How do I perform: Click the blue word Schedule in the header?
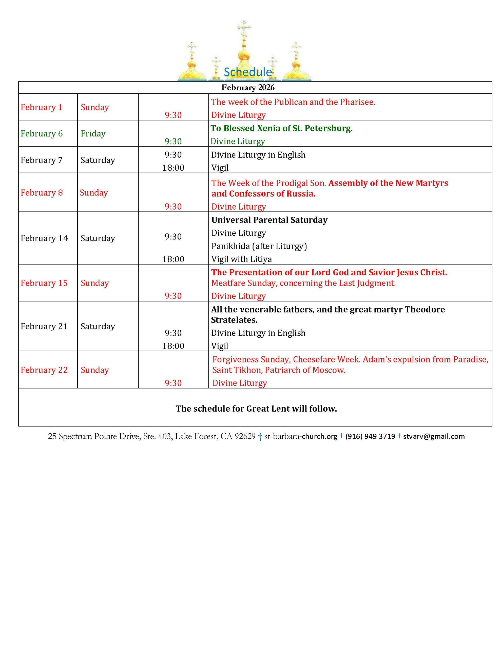tap(247, 72)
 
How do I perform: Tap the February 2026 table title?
tap(248, 88)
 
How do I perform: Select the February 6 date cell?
tap(42, 133)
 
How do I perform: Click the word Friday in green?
tap(93, 133)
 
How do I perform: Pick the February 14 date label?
tap(44, 238)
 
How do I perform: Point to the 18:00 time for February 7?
tap(173, 168)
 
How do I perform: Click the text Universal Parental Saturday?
tap(269, 220)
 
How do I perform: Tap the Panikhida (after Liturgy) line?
tap(259, 246)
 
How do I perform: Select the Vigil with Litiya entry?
tap(241, 259)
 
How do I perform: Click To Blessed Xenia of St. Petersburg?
tap(281, 128)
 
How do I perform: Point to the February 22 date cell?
tap(44, 370)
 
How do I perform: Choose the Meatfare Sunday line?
tap(303, 283)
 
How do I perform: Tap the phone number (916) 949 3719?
tap(370, 436)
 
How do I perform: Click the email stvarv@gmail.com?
tap(434, 436)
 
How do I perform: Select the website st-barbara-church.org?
tap(301, 436)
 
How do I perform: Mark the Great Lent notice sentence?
tap(256, 409)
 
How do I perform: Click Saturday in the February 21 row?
tap(98, 326)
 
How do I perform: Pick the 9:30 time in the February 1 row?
tap(173, 115)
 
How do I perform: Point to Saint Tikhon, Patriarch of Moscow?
tap(279, 370)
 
